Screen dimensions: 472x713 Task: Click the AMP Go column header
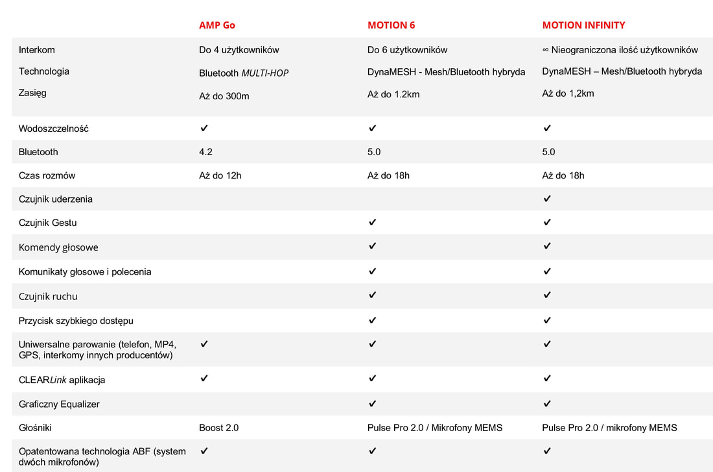pos(216,25)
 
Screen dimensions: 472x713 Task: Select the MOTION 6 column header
pos(391,25)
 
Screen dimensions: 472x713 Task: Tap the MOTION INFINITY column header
pos(583,25)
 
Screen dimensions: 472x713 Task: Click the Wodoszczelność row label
pos(54,129)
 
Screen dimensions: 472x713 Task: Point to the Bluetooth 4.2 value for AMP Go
pos(205,152)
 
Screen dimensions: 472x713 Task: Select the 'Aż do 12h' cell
pos(220,175)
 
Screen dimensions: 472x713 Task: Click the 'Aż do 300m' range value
pos(224,96)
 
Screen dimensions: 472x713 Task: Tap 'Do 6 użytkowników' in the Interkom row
pos(407,50)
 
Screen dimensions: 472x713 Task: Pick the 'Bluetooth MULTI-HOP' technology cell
pos(244,73)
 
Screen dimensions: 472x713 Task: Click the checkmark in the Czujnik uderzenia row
pos(547,199)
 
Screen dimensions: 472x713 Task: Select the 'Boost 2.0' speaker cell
pos(218,427)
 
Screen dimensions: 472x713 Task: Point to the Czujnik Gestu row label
pos(48,223)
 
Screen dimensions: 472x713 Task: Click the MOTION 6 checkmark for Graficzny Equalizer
pos(372,403)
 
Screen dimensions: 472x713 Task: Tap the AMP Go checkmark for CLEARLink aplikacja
pos(204,378)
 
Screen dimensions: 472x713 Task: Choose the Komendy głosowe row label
pos(58,247)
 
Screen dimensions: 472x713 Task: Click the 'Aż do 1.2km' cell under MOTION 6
pos(393,94)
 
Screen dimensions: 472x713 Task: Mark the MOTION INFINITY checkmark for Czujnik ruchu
pos(547,295)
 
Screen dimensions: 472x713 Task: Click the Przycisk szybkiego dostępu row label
pos(76,321)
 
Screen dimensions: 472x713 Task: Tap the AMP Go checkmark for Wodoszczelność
pos(204,128)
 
